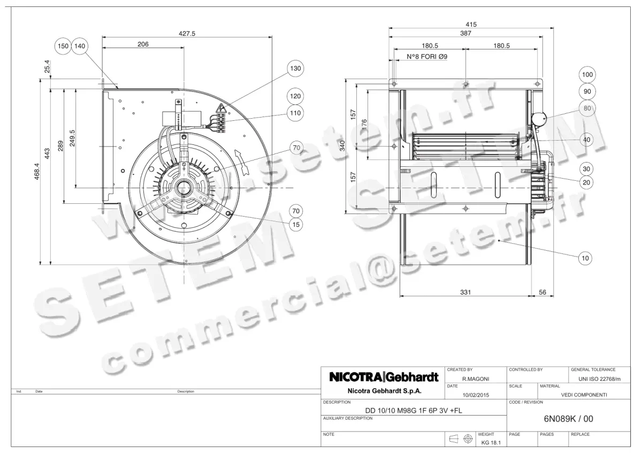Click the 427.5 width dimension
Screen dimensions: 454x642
click(187, 33)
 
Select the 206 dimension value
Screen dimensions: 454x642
click(143, 44)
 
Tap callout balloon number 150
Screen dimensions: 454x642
click(63, 47)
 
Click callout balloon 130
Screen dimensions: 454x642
click(295, 68)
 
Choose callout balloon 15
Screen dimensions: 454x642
click(295, 225)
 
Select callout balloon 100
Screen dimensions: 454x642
click(587, 75)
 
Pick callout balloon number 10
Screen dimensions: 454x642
click(586, 258)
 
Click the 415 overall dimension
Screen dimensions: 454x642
click(471, 24)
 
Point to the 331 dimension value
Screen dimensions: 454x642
click(465, 292)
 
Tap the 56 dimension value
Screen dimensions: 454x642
click(543, 292)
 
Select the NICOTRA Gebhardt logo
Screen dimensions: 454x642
click(384, 377)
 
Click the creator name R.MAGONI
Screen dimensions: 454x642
click(475, 379)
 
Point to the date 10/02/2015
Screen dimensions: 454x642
click(475, 395)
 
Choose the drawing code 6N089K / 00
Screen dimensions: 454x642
click(564, 419)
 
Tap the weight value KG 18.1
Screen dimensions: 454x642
click(490, 442)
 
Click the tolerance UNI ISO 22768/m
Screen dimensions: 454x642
click(600, 379)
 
